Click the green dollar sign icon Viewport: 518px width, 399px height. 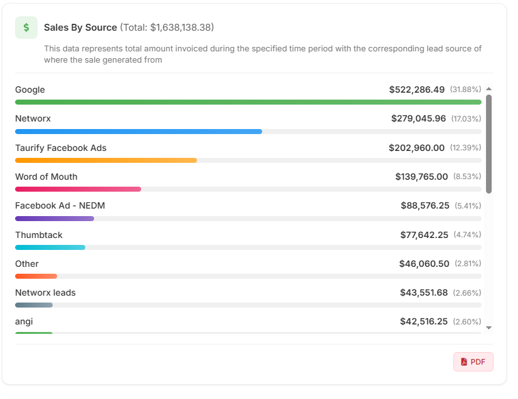(x=26, y=28)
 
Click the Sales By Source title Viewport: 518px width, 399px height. (x=80, y=28)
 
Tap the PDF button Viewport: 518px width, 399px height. (x=473, y=361)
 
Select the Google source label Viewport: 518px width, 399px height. (x=30, y=90)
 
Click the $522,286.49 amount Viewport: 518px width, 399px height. (x=416, y=90)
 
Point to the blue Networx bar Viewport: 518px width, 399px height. (x=138, y=132)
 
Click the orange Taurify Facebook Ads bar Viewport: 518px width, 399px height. (x=105, y=160)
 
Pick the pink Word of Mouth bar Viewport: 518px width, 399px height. (x=78, y=189)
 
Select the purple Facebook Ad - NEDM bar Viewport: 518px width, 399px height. (x=54, y=219)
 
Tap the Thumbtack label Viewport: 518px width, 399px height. (x=39, y=235)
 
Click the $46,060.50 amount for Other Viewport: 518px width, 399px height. (x=424, y=264)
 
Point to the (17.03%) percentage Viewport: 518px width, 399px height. (x=465, y=119)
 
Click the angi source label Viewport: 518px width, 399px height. (x=24, y=321)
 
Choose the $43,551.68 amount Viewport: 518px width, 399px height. (x=424, y=293)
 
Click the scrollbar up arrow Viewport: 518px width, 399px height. (x=489, y=90)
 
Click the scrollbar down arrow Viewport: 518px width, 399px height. (x=489, y=327)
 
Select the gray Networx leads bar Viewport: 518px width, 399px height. (x=34, y=305)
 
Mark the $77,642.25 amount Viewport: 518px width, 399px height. (x=424, y=235)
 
